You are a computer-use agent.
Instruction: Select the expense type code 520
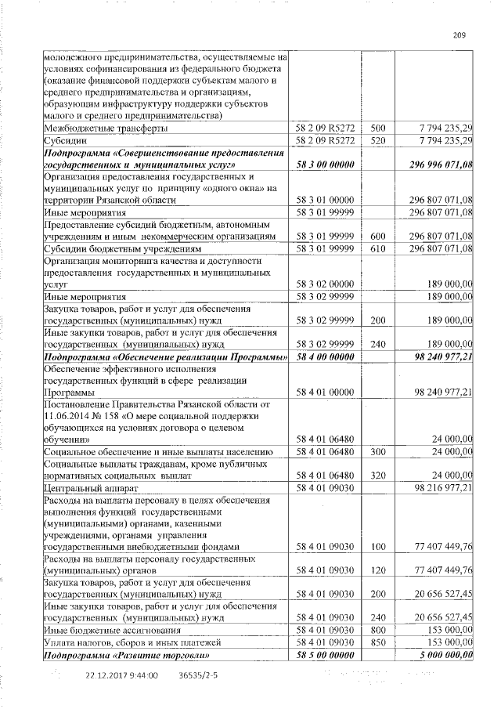378,139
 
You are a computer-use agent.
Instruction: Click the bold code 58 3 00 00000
323,165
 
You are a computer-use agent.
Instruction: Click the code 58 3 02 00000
323,285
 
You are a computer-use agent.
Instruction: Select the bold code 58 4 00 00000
323,356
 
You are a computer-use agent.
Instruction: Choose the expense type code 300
378,451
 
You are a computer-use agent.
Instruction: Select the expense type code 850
378,642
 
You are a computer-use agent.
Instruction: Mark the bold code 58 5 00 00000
323,654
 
